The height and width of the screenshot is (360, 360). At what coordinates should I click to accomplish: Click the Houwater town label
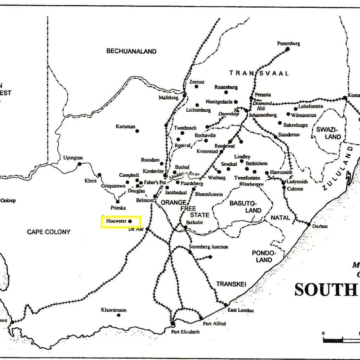coord(116,221)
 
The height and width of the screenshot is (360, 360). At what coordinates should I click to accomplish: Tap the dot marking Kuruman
coord(137,131)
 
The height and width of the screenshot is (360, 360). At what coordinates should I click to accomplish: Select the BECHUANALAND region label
coord(131,51)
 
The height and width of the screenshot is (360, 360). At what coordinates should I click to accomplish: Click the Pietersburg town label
coord(288,44)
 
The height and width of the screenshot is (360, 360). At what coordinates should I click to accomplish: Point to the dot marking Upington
coord(80,164)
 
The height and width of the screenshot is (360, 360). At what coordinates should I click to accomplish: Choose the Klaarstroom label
coord(113,310)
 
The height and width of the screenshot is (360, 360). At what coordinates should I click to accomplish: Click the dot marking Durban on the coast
coord(309,224)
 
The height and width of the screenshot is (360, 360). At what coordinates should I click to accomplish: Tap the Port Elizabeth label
coord(185,332)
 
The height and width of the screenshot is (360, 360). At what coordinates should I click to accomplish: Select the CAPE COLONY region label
coord(49,232)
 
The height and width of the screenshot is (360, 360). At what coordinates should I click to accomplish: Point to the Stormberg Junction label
coord(208,247)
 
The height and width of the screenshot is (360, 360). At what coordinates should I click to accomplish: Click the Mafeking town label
coord(169,98)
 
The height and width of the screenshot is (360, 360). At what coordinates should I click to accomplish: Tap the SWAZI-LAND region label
coord(328,133)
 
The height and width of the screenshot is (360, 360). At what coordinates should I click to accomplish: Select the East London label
coord(241,310)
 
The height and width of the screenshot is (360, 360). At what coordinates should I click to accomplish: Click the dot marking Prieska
coord(118,202)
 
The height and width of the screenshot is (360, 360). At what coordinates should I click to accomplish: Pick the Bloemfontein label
coord(209,194)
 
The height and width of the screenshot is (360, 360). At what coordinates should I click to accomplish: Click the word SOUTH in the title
coord(325,290)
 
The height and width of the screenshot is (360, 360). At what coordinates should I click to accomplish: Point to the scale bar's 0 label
coord(323,333)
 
